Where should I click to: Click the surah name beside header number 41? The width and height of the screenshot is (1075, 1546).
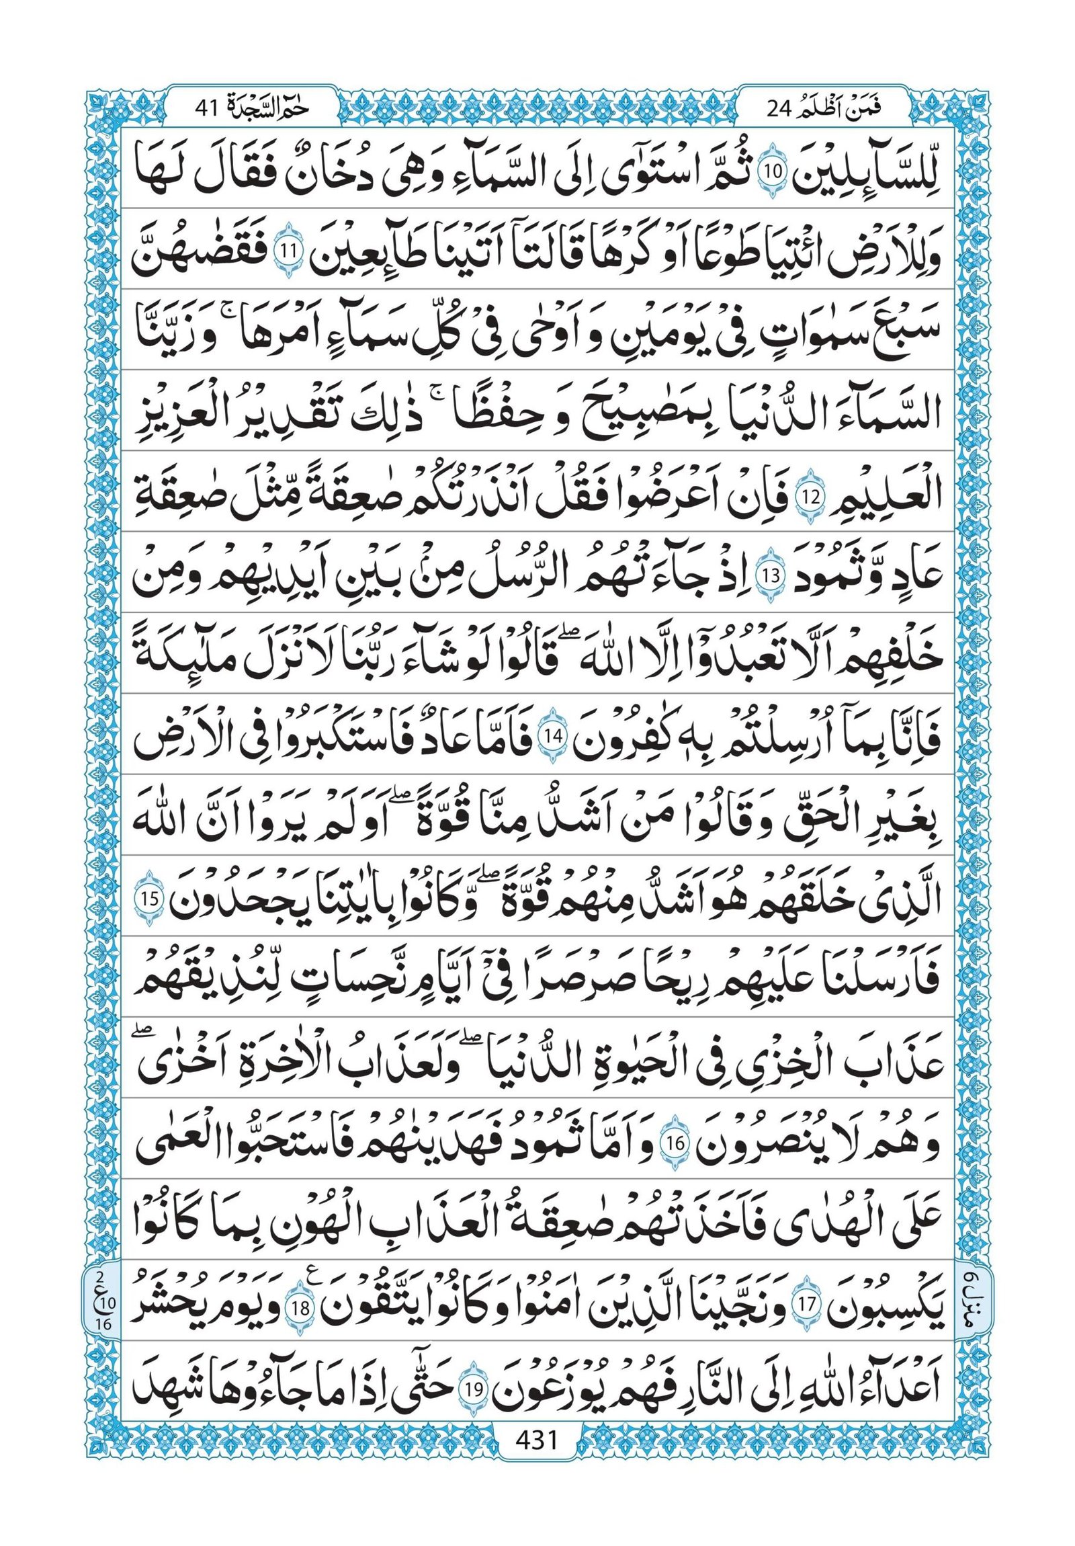269,106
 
